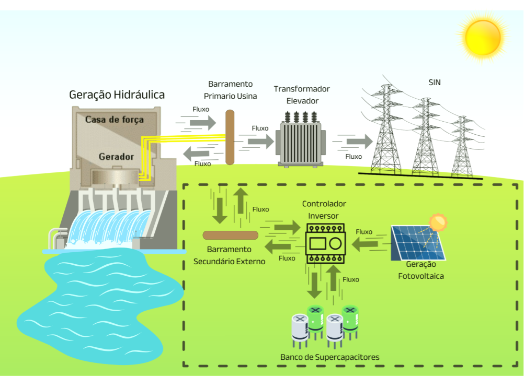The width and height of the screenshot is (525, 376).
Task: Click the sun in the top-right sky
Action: (483, 37)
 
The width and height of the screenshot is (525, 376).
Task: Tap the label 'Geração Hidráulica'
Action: (117, 95)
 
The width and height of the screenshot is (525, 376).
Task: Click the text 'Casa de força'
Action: (114, 120)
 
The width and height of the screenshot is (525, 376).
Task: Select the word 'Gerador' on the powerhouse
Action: (116, 157)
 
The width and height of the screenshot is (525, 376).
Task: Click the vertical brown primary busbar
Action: (230, 137)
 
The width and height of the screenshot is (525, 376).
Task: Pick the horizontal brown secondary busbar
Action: (230, 235)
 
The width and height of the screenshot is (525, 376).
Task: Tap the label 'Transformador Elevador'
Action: (302, 95)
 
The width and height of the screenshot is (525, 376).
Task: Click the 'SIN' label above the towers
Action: (435, 83)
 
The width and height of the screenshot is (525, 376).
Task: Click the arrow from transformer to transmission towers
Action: (360, 141)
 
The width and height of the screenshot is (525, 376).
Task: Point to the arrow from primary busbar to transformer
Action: (260, 141)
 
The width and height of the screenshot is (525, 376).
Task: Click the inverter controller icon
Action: (324, 243)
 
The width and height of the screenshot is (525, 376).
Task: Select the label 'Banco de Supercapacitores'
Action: (329, 357)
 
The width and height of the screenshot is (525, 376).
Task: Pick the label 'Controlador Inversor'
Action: (323, 209)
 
